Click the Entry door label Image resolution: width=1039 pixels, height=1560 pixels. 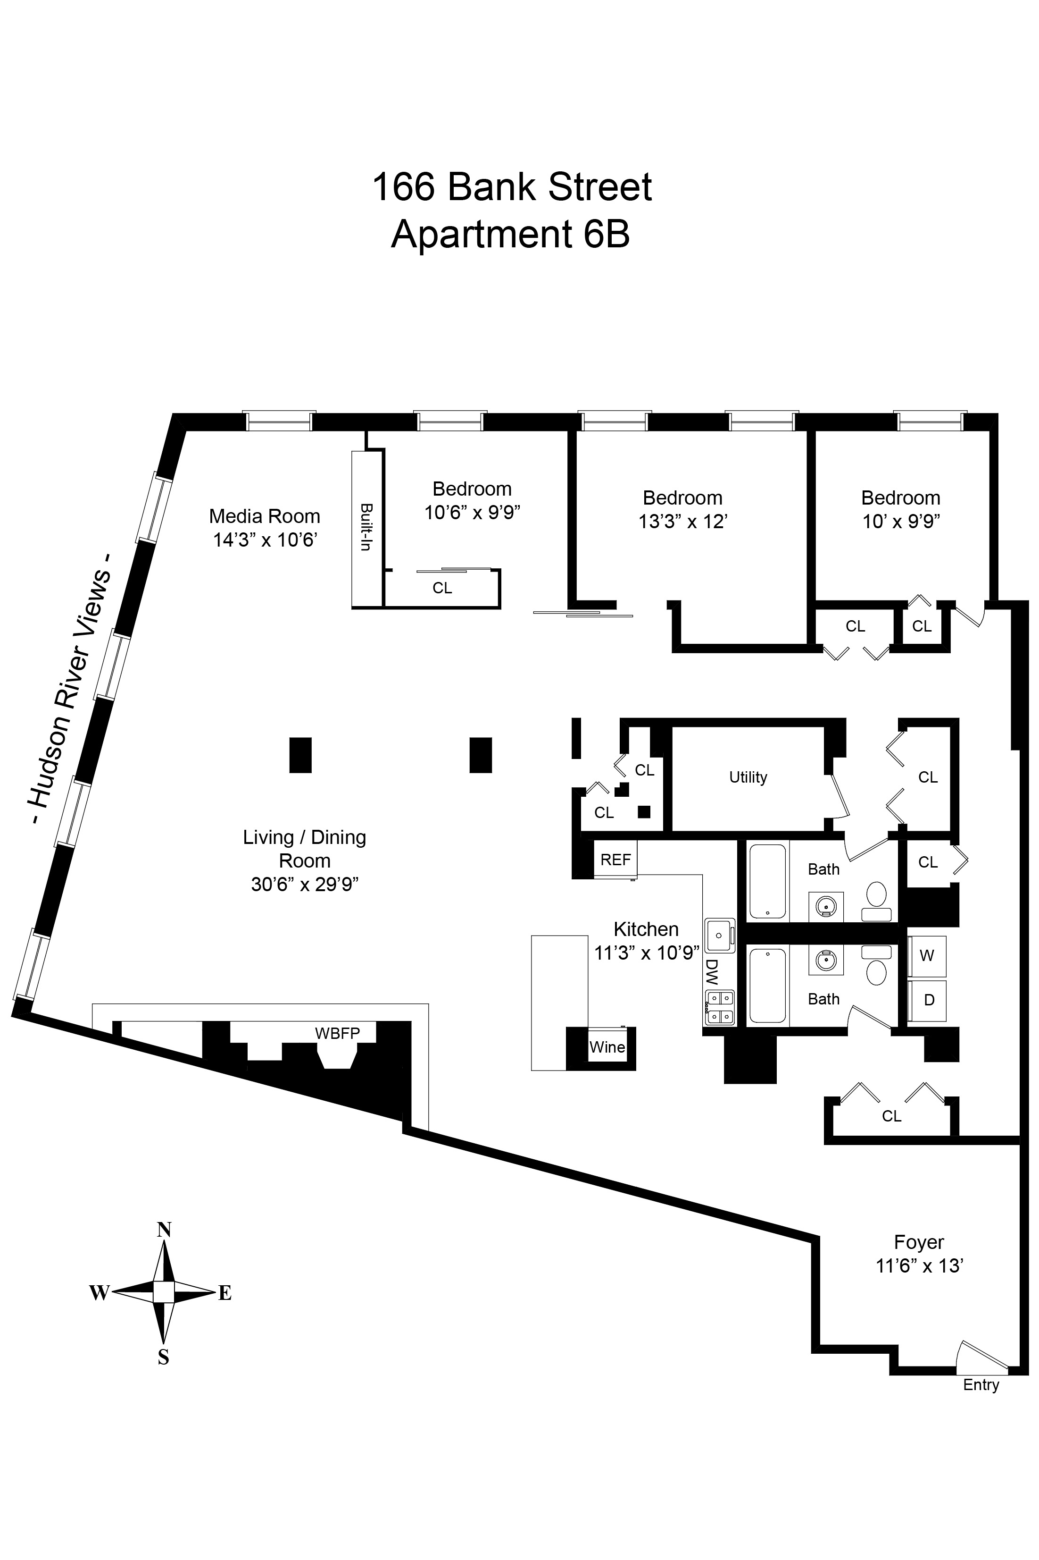[981, 1385]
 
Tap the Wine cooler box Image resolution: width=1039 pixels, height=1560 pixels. [607, 1047]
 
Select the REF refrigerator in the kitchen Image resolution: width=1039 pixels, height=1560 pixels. [615, 860]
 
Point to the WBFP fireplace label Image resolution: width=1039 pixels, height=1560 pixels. [337, 1033]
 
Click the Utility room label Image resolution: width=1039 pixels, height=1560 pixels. [748, 777]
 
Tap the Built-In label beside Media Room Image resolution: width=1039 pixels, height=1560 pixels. [365, 527]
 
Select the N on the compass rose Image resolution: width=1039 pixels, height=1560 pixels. [164, 1230]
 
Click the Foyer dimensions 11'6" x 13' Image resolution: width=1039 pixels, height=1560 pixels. [919, 1265]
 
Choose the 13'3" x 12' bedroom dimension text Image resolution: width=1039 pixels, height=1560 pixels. [682, 522]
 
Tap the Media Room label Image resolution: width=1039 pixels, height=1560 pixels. [265, 516]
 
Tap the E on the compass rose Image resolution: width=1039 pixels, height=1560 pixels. [224, 1293]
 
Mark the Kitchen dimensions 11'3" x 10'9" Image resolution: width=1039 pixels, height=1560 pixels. [647, 953]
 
